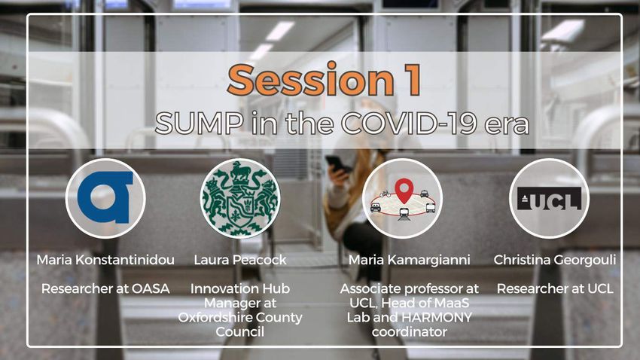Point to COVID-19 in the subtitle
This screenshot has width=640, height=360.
(408, 124)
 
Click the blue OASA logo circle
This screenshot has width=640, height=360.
(105, 198)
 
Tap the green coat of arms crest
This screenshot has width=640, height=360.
(240, 198)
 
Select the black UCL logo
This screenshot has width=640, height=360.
(549, 198)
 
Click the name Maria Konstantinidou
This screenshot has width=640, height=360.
(105, 260)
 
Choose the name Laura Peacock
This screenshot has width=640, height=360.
(240, 260)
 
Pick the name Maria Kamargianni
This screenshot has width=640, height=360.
(409, 260)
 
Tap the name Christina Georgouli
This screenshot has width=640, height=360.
(555, 260)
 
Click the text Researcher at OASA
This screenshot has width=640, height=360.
(105, 288)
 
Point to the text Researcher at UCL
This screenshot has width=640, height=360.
(555, 288)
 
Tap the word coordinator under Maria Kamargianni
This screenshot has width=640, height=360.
(409, 332)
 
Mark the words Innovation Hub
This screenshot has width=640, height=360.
(240, 288)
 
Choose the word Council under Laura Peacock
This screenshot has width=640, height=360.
(240, 332)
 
